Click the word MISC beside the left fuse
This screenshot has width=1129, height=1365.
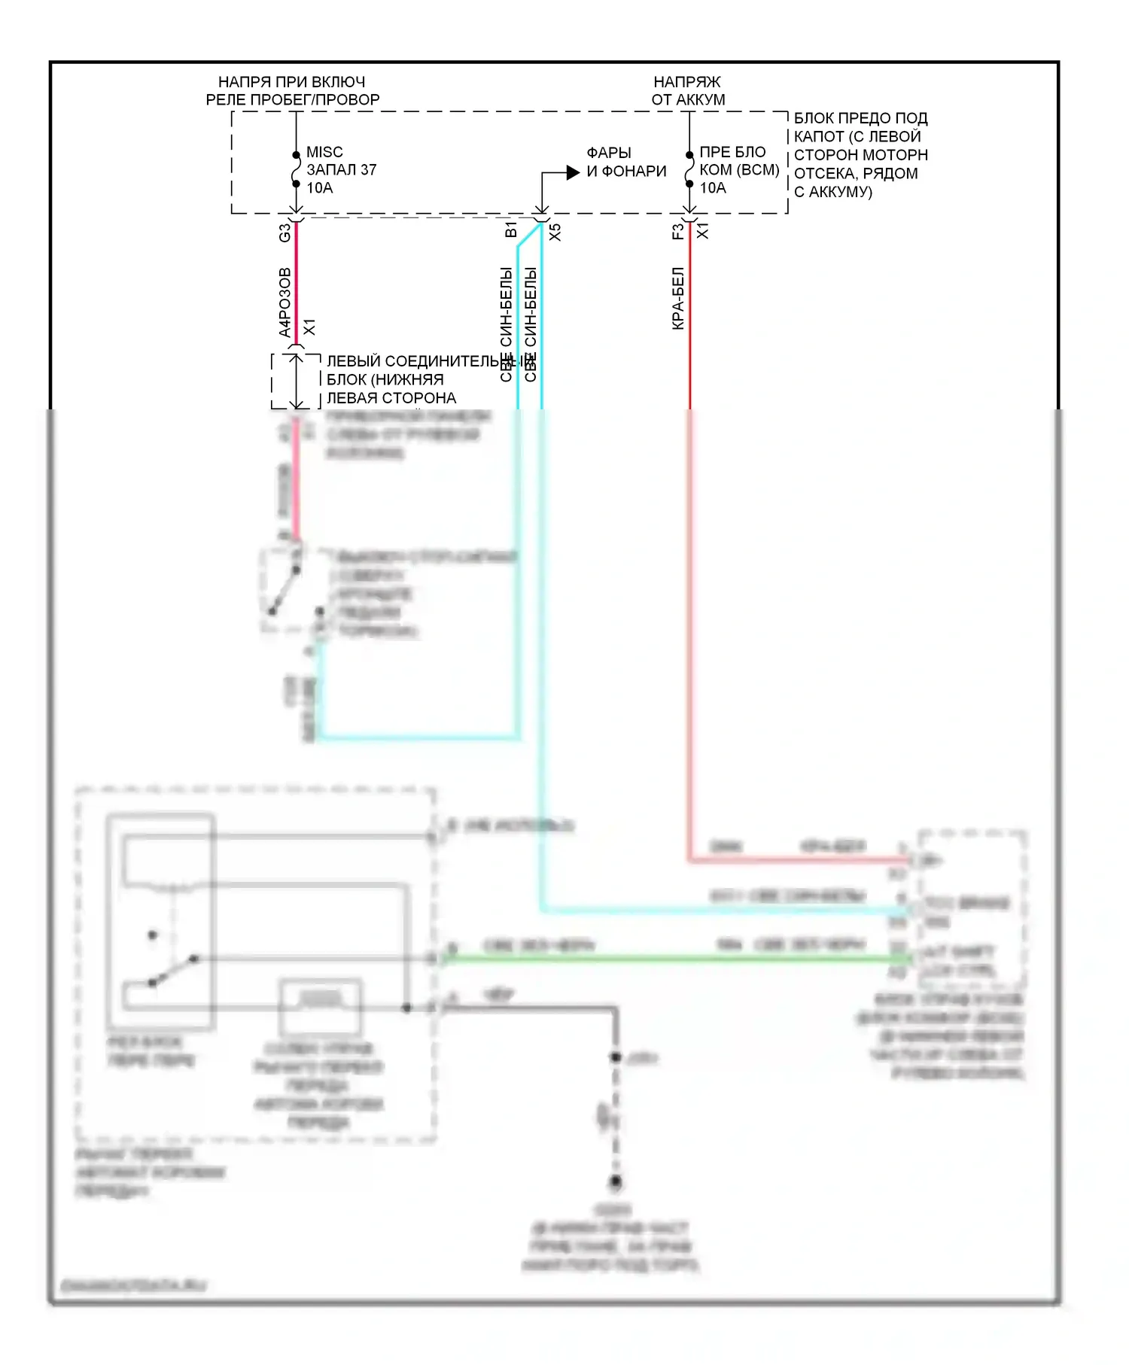click(x=324, y=152)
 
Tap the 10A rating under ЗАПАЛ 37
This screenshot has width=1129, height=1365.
click(x=319, y=188)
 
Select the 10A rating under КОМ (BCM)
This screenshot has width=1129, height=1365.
click(x=713, y=188)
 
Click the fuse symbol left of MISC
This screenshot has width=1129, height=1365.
click(x=296, y=170)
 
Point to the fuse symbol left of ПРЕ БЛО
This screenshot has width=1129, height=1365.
click(x=689, y=170)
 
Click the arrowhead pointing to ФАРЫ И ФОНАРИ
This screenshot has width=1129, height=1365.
click(x=573, y=172)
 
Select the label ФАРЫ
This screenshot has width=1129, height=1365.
click(x=609, y=153)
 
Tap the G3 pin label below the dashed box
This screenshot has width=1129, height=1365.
click(x=285, y=233)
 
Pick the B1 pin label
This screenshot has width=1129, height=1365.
click(x=511, y=230)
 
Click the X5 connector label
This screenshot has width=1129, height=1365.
click(x=555, y=232)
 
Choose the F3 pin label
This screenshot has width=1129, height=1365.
click(x=677, y=232)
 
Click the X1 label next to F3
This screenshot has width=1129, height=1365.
click(x=702, y=230)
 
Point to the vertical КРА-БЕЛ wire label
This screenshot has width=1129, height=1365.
click(x=677, y=298)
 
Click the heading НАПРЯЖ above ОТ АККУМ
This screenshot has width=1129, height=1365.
click(x=686, y=81)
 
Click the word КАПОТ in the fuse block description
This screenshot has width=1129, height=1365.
click(x=819, y=136)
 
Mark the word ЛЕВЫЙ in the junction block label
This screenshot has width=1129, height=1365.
click(x=354, y=361)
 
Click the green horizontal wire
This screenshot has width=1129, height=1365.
click(x=677, y=958)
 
